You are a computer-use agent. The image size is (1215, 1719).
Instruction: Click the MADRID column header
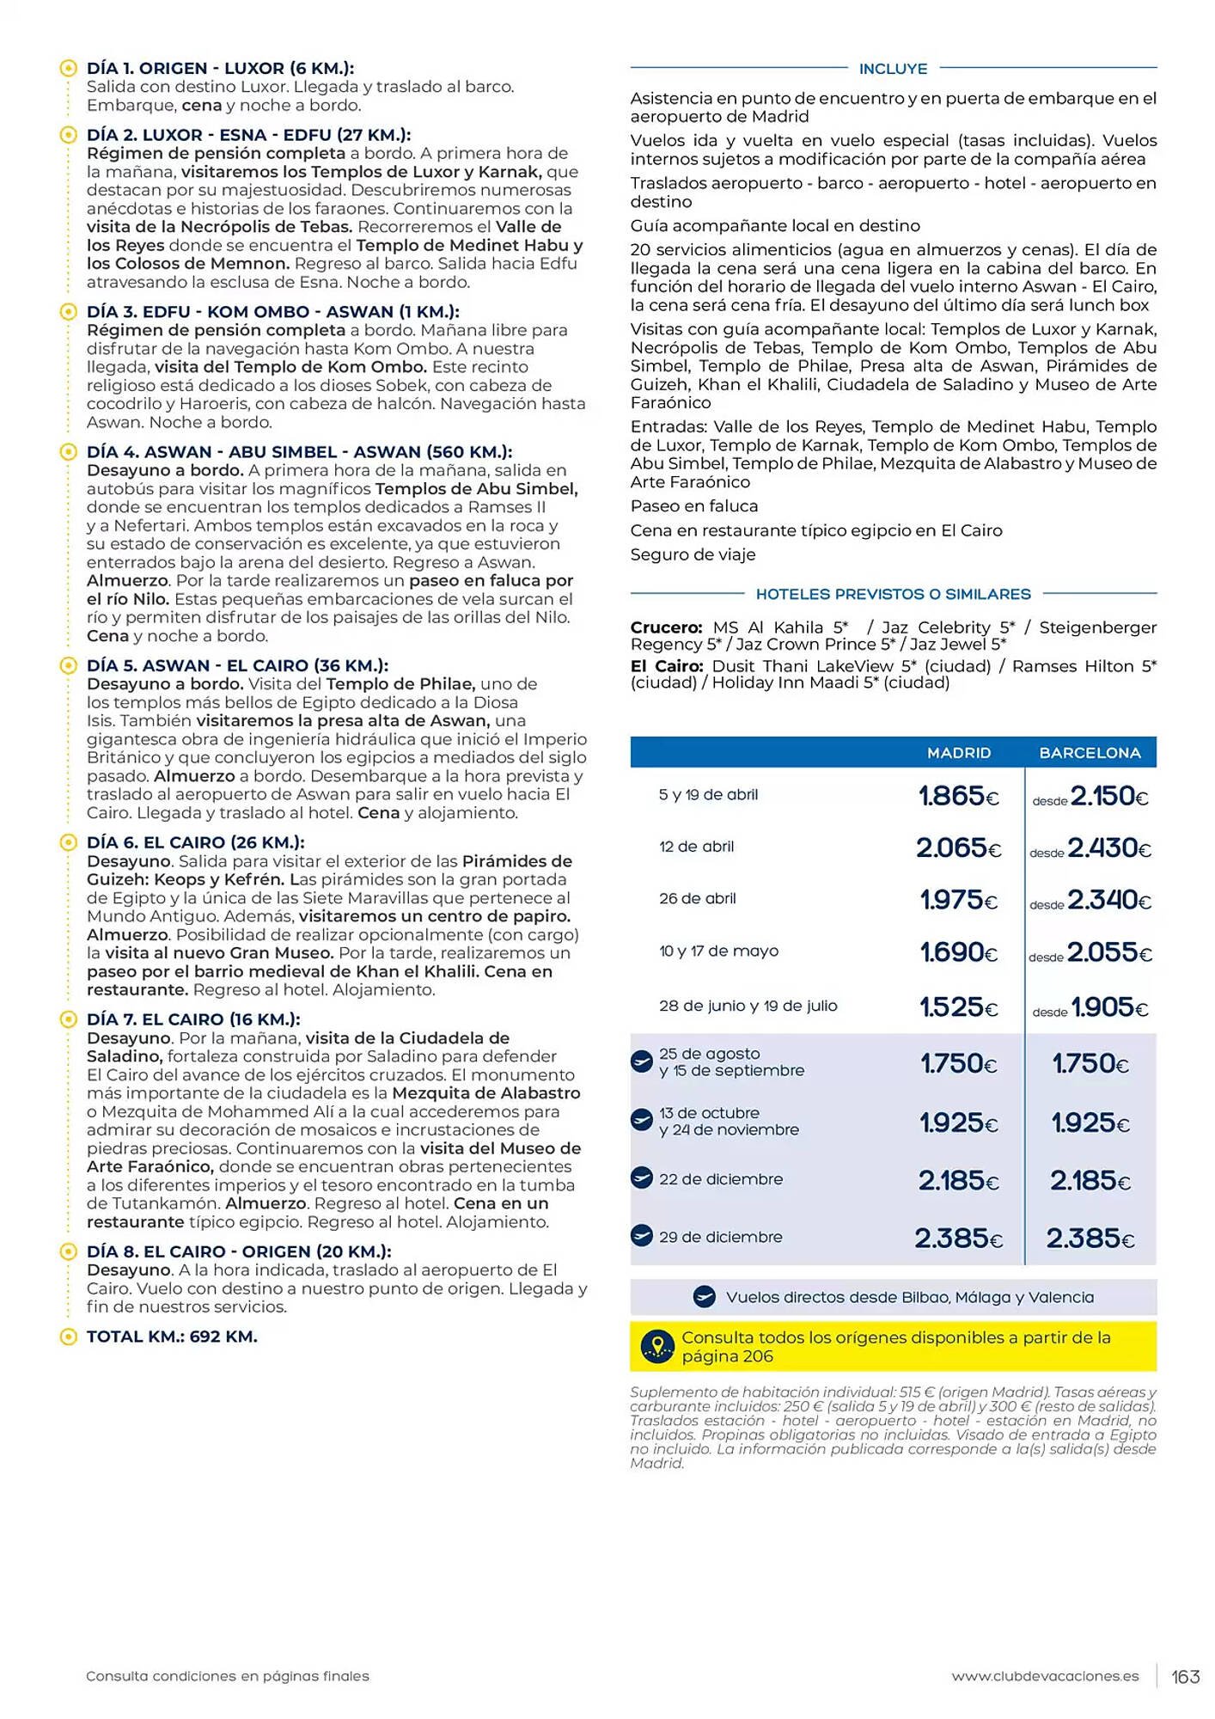(958, 752)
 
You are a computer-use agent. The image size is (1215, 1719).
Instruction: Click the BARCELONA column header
(1090, 752)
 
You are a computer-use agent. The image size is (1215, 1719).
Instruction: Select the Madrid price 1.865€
(958, 796)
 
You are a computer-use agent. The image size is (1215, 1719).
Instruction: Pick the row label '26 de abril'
(697, 898)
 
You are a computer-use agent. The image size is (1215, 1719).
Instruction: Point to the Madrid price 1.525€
(958, 1006)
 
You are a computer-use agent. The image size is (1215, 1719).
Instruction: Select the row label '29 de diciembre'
(720, 1237)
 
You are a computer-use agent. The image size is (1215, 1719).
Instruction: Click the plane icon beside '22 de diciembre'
(642, 1178)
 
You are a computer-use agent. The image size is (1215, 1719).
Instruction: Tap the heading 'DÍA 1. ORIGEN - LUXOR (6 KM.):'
(220, 68)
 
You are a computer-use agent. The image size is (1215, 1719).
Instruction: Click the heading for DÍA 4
(299, 452)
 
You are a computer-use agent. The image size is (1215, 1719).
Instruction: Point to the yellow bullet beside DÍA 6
(68, 842)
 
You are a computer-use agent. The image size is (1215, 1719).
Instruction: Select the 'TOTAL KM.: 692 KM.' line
(172, 1337)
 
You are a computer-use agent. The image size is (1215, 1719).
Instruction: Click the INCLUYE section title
(893, 69)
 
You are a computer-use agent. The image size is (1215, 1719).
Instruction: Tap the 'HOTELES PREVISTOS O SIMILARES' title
(893, 594)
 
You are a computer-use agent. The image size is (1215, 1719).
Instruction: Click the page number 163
(1185, 1677)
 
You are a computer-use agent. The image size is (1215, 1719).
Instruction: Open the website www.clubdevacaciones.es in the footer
(1045, 1677)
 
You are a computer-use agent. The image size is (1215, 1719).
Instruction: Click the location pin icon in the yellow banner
(657, 1346)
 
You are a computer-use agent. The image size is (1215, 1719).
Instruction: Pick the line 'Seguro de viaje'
(693, 554)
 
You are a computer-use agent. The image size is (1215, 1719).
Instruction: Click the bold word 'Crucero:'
(666, 627)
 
